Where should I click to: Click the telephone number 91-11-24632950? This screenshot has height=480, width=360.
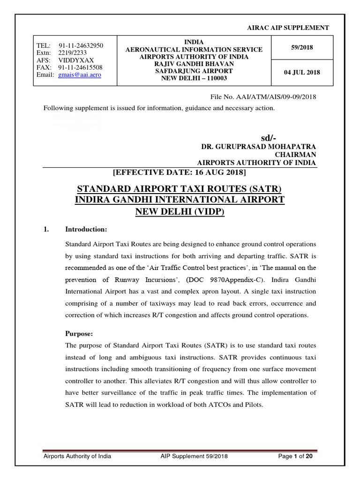[x=81, y=45]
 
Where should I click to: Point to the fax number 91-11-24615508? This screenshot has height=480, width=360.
[x=80, y=67]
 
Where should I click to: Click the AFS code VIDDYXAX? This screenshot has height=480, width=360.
[x=76, y=60]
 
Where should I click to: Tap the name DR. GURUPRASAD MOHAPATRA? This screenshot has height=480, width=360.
[x=259, y=147]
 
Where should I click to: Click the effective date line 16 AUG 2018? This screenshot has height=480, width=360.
[x=180, y=172]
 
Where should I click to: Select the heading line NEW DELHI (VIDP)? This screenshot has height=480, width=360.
[x=180, y=212]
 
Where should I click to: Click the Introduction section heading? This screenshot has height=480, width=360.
[x=86, y=229]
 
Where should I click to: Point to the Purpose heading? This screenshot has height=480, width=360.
[x=78, y=334]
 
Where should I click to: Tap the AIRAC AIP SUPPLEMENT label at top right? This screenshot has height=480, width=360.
[x=288, y=28]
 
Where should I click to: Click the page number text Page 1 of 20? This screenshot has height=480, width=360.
[x=295, y=457]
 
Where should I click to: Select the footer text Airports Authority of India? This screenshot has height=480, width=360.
[x=77, y=457]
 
